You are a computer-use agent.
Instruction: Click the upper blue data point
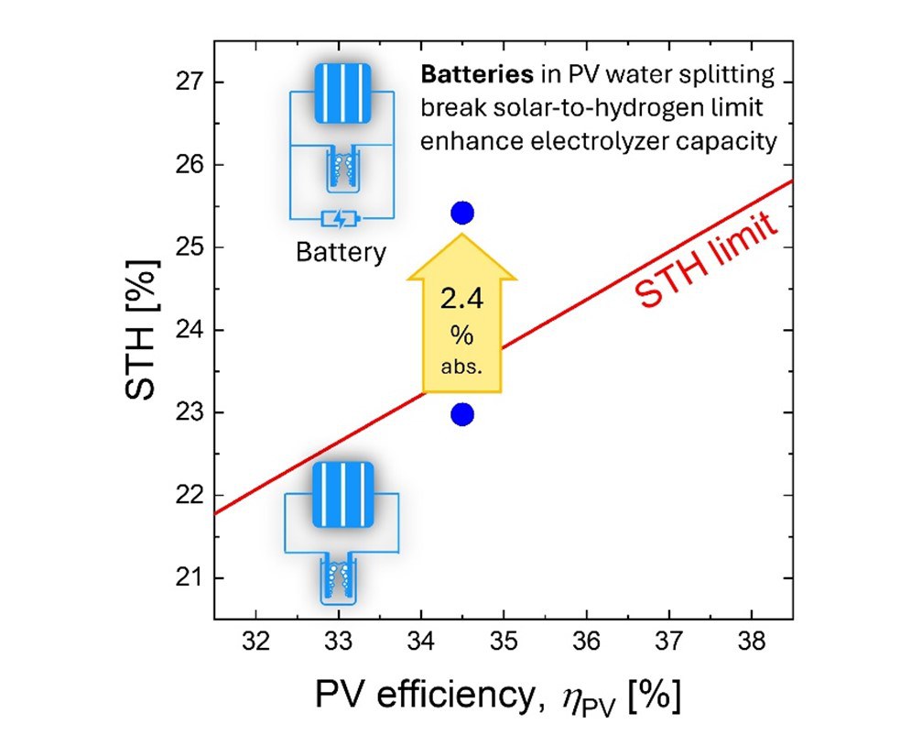(x=462, y=214)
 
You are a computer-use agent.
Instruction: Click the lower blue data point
(x=462, y=415)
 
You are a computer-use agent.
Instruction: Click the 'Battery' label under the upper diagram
(x=341, y=252)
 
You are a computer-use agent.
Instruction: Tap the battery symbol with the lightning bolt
(x=341, y=220)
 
